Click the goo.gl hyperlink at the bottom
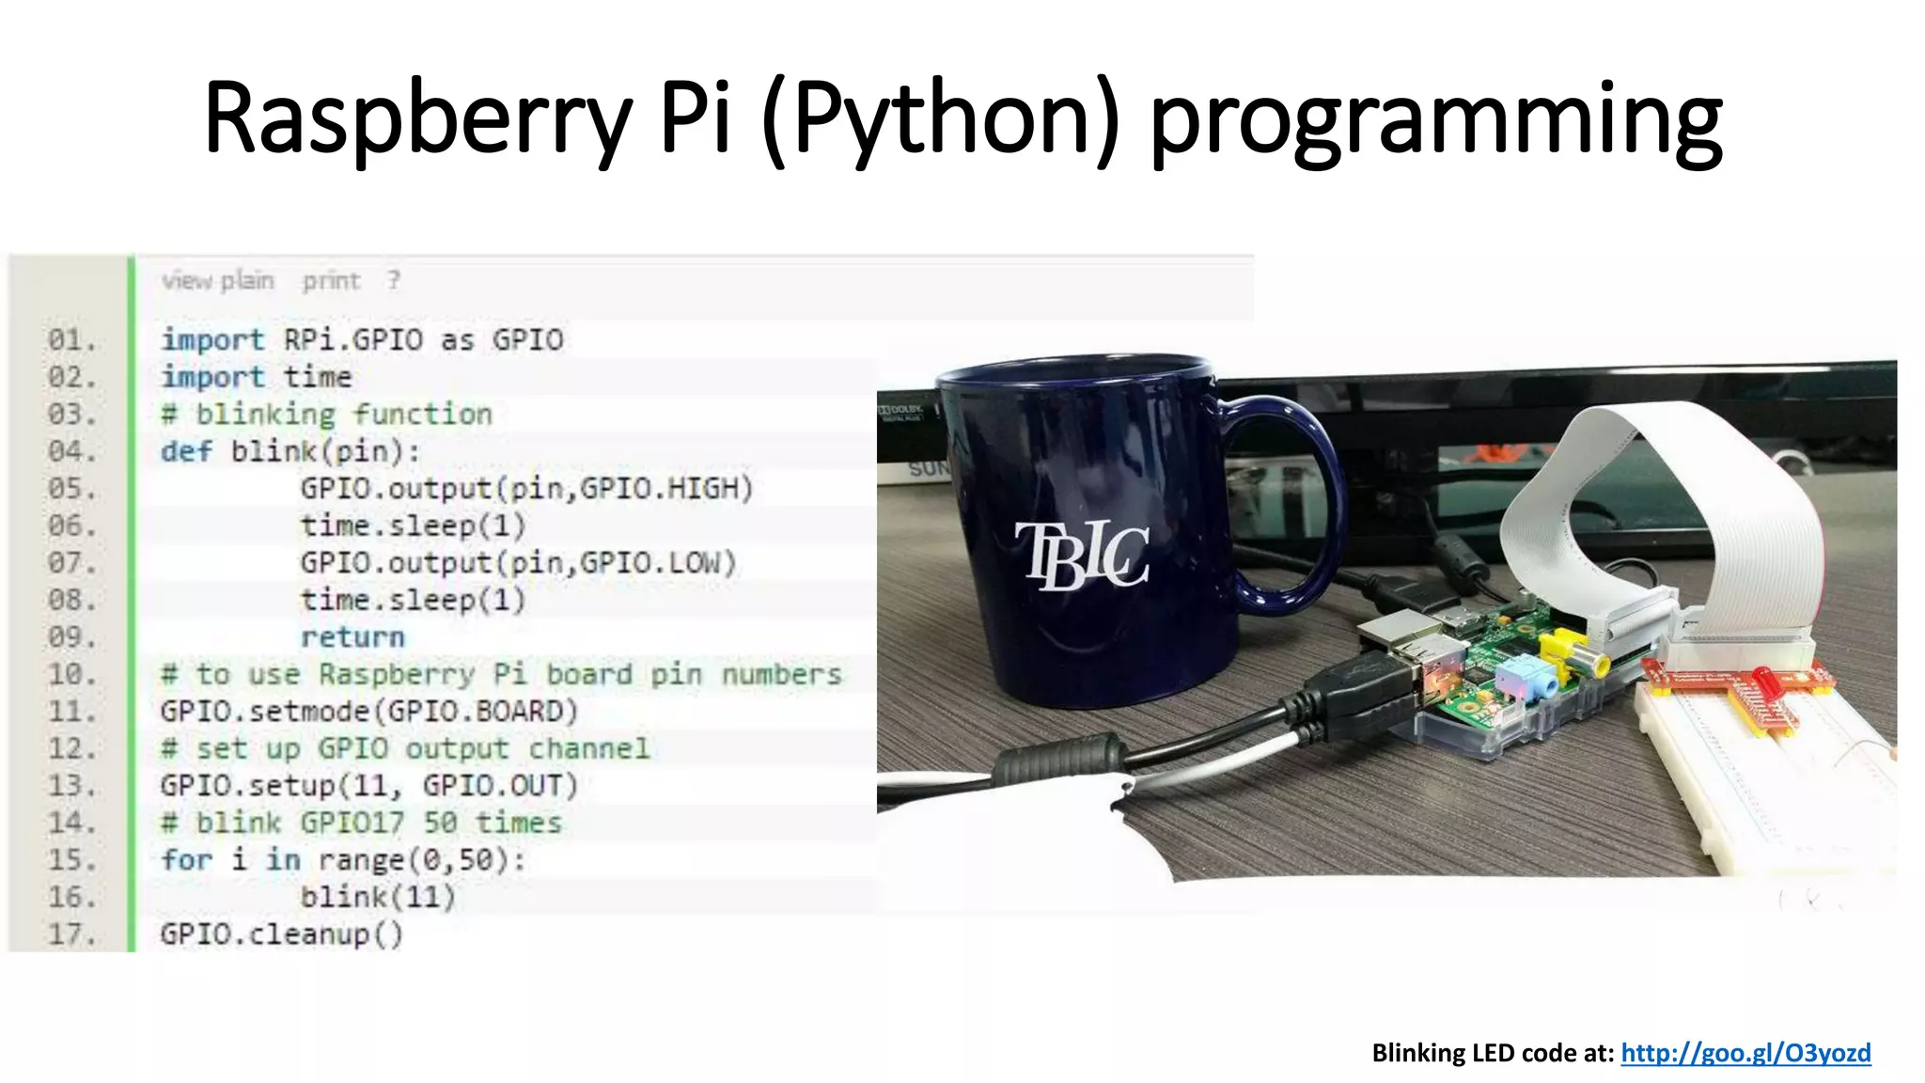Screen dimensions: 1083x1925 (x=1745, y=1052)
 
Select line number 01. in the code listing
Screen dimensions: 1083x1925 (x=71, y=339)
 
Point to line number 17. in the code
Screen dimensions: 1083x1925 (x=71, y=934)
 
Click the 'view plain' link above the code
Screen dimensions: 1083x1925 (x=217, y=280)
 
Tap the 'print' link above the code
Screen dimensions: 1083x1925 (x=331, y=280)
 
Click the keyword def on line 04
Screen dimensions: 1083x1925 (x=186, y=451)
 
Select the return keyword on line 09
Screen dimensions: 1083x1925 (x=352, y=637)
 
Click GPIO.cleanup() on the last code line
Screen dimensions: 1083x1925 (x=281, y=934)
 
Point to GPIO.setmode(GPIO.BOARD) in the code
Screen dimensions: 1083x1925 (x=368, y=712)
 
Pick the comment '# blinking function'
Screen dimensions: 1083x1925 (x=326, y=415)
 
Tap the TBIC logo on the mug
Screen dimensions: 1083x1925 (x=1081, y=555)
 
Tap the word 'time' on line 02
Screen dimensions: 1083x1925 (x=318, y=377)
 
